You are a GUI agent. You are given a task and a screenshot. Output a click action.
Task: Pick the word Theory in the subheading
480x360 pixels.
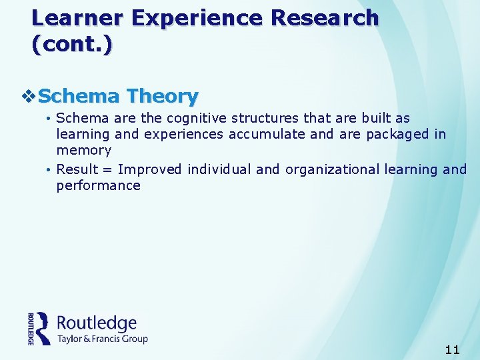pos(163,97)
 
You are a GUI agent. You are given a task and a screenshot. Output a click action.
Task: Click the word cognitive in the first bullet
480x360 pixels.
pos(196,119)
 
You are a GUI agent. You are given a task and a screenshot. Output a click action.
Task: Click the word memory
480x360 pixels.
pos(83,151)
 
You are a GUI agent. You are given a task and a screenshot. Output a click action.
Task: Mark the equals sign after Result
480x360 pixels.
pos(107,170)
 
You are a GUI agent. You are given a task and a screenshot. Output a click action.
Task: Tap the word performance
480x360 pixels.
pos(99,186)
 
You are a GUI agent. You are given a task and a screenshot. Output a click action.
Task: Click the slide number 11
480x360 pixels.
pos(451,349)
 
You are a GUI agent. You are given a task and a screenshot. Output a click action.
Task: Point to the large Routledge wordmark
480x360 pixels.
pos(97,323)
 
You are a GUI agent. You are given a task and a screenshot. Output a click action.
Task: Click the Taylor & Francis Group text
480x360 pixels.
pos(102,339)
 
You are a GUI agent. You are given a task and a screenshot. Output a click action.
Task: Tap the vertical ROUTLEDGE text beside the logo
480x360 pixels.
pos(31,328)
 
